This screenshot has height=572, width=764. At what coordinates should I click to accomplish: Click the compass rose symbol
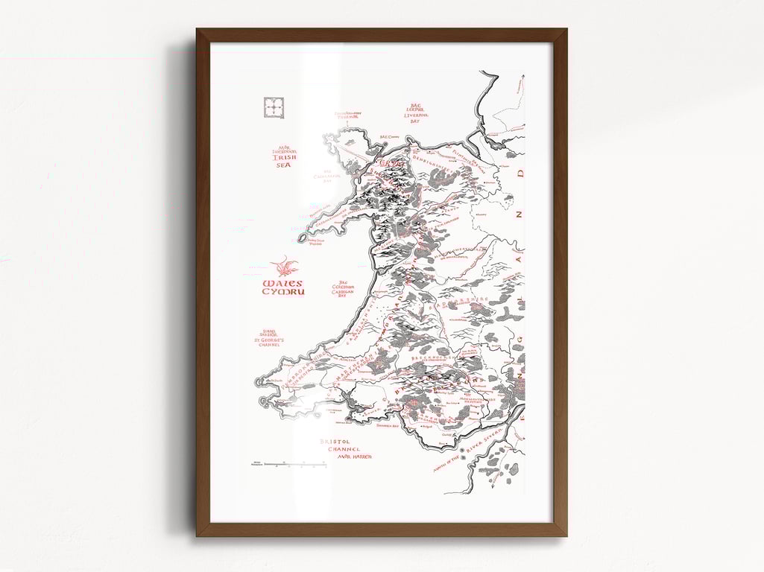point(274,108)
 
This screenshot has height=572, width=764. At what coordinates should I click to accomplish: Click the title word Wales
point(282,283)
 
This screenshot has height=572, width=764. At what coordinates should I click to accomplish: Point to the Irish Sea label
point(283,157)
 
